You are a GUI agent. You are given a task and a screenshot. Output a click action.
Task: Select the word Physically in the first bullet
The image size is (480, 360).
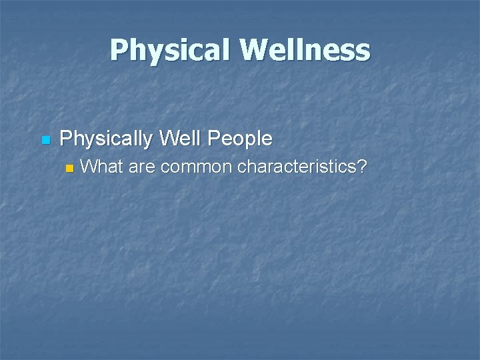click(x=106, y=139)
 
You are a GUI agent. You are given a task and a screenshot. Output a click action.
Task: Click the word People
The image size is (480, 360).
click(x=240, y=139)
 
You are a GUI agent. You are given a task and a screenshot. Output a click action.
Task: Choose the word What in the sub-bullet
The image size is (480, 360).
click(x=101, y=167)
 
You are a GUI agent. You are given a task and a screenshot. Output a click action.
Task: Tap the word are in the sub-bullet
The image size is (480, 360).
click(x=141, y=167)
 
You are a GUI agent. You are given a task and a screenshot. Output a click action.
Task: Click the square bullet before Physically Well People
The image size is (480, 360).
click(x=45, y=140)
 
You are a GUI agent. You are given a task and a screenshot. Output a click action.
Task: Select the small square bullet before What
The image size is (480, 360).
click(x=68, y=168)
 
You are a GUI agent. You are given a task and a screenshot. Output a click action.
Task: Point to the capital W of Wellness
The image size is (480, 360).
click(x=256, y=51)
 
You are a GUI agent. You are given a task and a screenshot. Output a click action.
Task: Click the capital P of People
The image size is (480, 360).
click(x=214, y=139)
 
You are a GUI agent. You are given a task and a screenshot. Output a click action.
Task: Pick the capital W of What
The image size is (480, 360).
click(x=88, y=167)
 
